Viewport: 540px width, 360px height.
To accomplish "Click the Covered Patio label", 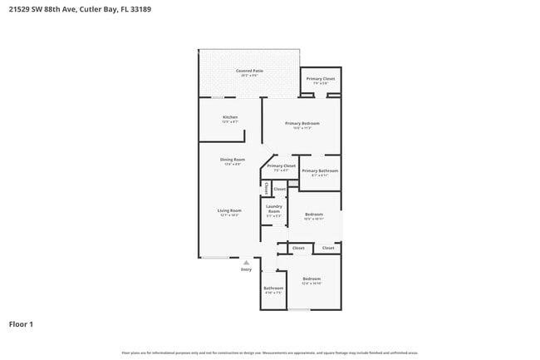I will pyautogui.click(x=248, y=71).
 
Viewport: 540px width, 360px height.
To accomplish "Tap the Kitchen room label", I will pyautogui.click(x=230, y=117).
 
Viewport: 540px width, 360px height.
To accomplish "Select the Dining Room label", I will pyautogui.click(x=232, y=159).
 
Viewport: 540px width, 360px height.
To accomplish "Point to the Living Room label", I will pyautogui.click(x=229, y=210).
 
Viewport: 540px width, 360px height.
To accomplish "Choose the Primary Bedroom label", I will pyautogui.click(x=302, y=123).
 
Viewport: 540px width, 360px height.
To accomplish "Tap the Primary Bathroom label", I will pyautogui.click(x=320, y=170).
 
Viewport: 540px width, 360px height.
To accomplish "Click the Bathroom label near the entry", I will pyautogui.click(x=273, y=288).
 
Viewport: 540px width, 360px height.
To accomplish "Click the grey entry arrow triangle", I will pyautogui.click(x=246, y=262).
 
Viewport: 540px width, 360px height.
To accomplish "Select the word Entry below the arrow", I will pyautogui.click(x=246, y=269).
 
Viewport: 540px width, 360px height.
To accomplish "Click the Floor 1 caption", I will pyautogui.click(x=21, y=323).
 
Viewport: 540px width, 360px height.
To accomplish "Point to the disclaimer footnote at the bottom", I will pyautogui.click(x=269, y=353).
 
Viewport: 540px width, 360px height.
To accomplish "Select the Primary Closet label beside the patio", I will pyautogui.click(x=321, y=79).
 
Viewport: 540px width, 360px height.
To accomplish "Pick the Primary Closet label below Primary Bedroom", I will pyautogui.click(x=281, y=165).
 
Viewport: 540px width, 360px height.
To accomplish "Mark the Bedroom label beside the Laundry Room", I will pyautogui.click(x=313, y=214).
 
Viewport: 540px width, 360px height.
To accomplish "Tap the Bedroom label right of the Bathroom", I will pyautogui.click(x=312, y=279).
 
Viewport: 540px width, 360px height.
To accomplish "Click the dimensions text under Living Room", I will pyautogui.click(x=229, y=215).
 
